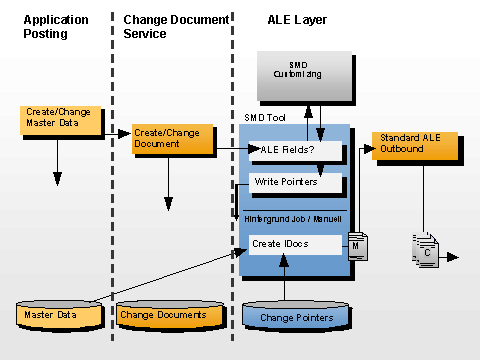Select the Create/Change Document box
[x=172, y=138]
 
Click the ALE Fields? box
[x=295, y=150]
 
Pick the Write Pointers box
[x=295, y=182]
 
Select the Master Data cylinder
[x=61, y=314]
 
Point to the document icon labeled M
[x=355, y=245]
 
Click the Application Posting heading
[x=56, y=27]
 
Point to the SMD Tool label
[x=264, y=117]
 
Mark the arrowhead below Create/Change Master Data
[x=57, y=179]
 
